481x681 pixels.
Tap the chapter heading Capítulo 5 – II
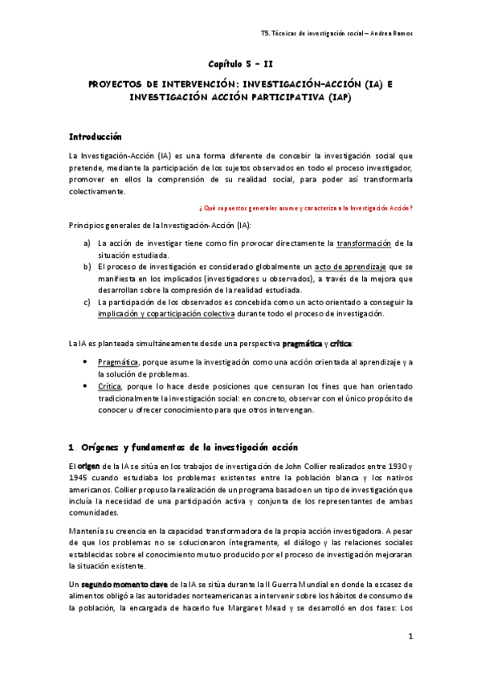[241, 63]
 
